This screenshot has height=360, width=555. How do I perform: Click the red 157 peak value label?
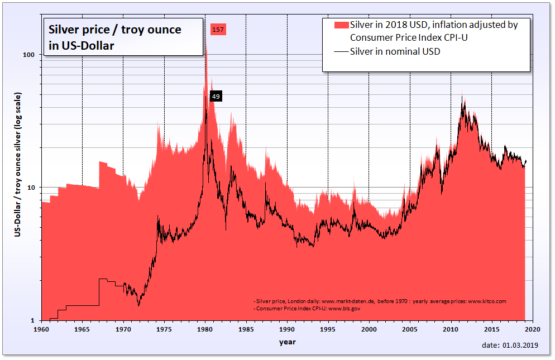[218, 30]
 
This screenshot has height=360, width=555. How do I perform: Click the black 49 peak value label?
[216, 97]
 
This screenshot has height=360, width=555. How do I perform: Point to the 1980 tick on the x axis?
[205, 329]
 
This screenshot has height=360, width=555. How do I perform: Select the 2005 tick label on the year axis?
[410, 329]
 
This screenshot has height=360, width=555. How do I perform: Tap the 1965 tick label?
[82, 329]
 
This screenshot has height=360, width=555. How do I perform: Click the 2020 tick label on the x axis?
[532, 329]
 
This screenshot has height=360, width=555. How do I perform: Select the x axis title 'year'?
[288, 342]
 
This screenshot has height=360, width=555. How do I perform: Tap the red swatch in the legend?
[341, 25]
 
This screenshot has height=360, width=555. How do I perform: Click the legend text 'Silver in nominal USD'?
[395, 52]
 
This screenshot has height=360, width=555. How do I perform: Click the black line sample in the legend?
[341, 52]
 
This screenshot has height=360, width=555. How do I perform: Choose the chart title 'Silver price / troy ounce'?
[116, 30]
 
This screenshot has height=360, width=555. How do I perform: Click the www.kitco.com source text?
[487, 301]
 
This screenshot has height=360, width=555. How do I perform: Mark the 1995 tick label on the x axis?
[328, 329]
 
